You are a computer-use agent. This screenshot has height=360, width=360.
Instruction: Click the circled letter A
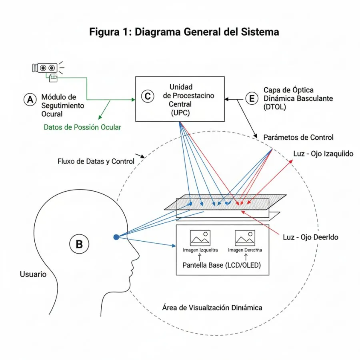click(x=30, y=100)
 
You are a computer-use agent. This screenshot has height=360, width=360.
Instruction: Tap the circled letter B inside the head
click(x=79, y=244)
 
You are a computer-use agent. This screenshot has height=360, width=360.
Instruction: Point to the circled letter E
click(x=252, y=98)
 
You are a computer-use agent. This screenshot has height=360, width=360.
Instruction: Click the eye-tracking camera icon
click(x=45, y=68)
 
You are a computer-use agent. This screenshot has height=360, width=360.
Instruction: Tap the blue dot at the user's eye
click(x=116, y=237)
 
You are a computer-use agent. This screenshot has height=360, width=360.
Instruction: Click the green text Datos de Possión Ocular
click(x=82, y=127)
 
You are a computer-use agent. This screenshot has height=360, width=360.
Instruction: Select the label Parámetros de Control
click(x=298, y=137)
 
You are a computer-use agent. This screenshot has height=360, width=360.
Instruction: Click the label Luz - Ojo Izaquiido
click(x=323, y=154)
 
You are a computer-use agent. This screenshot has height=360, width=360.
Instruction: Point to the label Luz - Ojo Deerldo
click(x=310, y=237)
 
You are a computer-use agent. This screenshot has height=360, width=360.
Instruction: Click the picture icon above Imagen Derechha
click(x=245, y=238)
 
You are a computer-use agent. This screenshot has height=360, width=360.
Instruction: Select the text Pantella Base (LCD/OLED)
click(x=221, y=265)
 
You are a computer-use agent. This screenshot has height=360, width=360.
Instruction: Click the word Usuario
click(x=33, y=274)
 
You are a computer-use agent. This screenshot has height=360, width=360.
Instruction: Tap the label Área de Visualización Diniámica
click(x=212, y=308)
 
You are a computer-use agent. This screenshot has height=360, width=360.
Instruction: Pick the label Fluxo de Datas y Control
click(x=96, y=162)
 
